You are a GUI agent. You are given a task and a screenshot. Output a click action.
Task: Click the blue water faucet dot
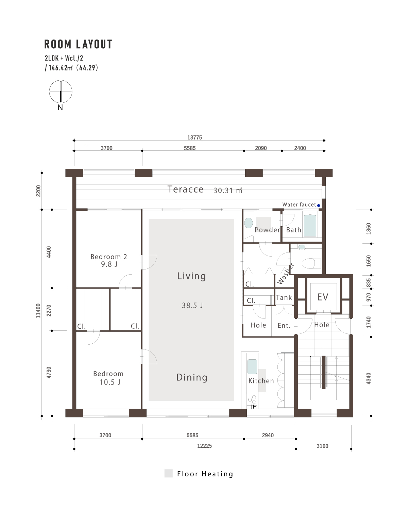(318, 206)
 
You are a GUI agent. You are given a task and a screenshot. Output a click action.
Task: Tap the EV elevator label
(323, 297)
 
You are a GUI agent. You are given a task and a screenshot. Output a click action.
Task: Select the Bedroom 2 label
(108, 257)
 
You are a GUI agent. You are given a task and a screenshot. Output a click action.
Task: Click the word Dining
(192, 377)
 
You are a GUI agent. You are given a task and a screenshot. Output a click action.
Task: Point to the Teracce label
(185, 189)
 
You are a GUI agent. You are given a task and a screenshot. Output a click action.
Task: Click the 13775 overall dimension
(194, 137)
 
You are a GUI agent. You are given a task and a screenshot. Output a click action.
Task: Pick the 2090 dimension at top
(261, 148)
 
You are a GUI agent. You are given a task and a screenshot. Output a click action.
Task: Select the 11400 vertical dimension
(38, 311)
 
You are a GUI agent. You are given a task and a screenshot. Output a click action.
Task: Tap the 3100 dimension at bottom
(322, 446)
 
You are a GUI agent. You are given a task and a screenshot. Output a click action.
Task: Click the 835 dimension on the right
(369, 283)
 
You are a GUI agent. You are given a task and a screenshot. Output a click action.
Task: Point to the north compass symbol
(61, 92)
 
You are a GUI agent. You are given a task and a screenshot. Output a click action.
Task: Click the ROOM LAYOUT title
(78, 44)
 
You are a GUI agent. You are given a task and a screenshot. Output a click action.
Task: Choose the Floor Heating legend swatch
(169, 473)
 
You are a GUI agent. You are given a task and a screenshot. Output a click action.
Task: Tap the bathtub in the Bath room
(310, 225)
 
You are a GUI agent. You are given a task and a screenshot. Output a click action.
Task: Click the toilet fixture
(311, 263)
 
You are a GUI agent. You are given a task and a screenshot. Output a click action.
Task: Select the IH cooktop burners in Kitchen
(252, 399)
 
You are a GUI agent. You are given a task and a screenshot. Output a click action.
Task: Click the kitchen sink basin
(252, 366)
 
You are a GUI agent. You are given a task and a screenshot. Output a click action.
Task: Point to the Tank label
(284, 298)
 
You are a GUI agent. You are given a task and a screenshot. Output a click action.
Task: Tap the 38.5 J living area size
(192, 306)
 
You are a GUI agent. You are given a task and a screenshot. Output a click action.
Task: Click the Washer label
(286, 274)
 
